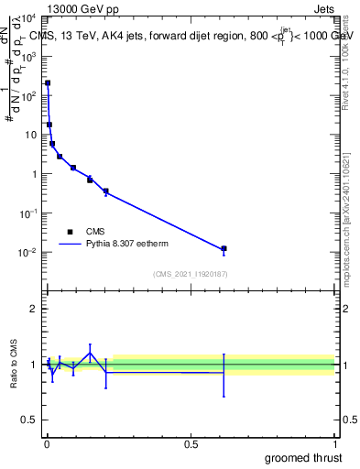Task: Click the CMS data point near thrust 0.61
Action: click(x=224, y=249)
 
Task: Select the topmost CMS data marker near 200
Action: click(x=48, y=82)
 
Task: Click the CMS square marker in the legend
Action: click(x=70, y=232)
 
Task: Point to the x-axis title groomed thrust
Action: click(x=305, y=457)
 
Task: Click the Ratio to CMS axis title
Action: click(x=14, y=364)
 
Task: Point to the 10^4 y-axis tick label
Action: click(x=27, y=17)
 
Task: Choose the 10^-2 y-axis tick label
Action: click(x=27, y=253)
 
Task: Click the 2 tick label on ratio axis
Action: click(x=34, y=309)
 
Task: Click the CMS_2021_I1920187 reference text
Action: click(x=190, y=274)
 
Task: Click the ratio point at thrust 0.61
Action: click(x=224, y=373)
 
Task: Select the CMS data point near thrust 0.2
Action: click(x=106, y=191)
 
